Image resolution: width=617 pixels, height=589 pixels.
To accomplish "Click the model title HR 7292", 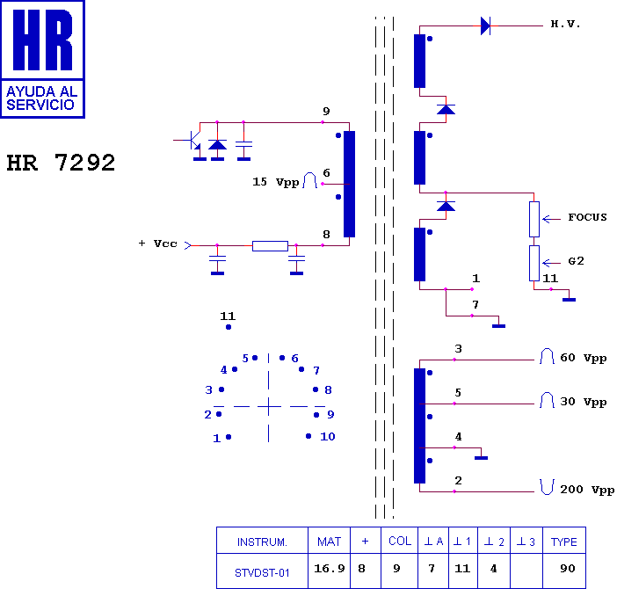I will coord(61,164).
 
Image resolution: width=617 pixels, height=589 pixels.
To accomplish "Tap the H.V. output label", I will coord(566,25).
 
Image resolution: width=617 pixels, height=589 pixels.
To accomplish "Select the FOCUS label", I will coord(587,217).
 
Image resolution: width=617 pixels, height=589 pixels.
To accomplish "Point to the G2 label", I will coord(577,261).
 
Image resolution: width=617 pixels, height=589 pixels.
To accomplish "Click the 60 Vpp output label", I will coord(583,358).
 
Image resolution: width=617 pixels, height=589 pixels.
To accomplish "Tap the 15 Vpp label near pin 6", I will coord(275,182).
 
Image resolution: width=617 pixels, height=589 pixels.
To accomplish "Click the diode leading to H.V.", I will coord(485,25).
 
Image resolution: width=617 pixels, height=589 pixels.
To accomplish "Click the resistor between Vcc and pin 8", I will coord(270,245).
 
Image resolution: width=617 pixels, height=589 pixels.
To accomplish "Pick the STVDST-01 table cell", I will coord(262,572).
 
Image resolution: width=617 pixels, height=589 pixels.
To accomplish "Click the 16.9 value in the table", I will coord(329,570).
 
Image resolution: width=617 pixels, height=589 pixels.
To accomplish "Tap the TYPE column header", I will coord(564,542).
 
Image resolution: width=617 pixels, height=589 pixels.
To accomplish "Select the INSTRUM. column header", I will coord(262,542).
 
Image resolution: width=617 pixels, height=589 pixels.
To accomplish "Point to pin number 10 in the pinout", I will coord(327,436).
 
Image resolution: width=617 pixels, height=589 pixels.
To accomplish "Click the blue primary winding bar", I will coord(349,184).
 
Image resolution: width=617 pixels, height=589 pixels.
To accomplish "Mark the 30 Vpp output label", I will coord(583,402).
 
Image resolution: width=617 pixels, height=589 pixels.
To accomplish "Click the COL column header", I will coord(400,542).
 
